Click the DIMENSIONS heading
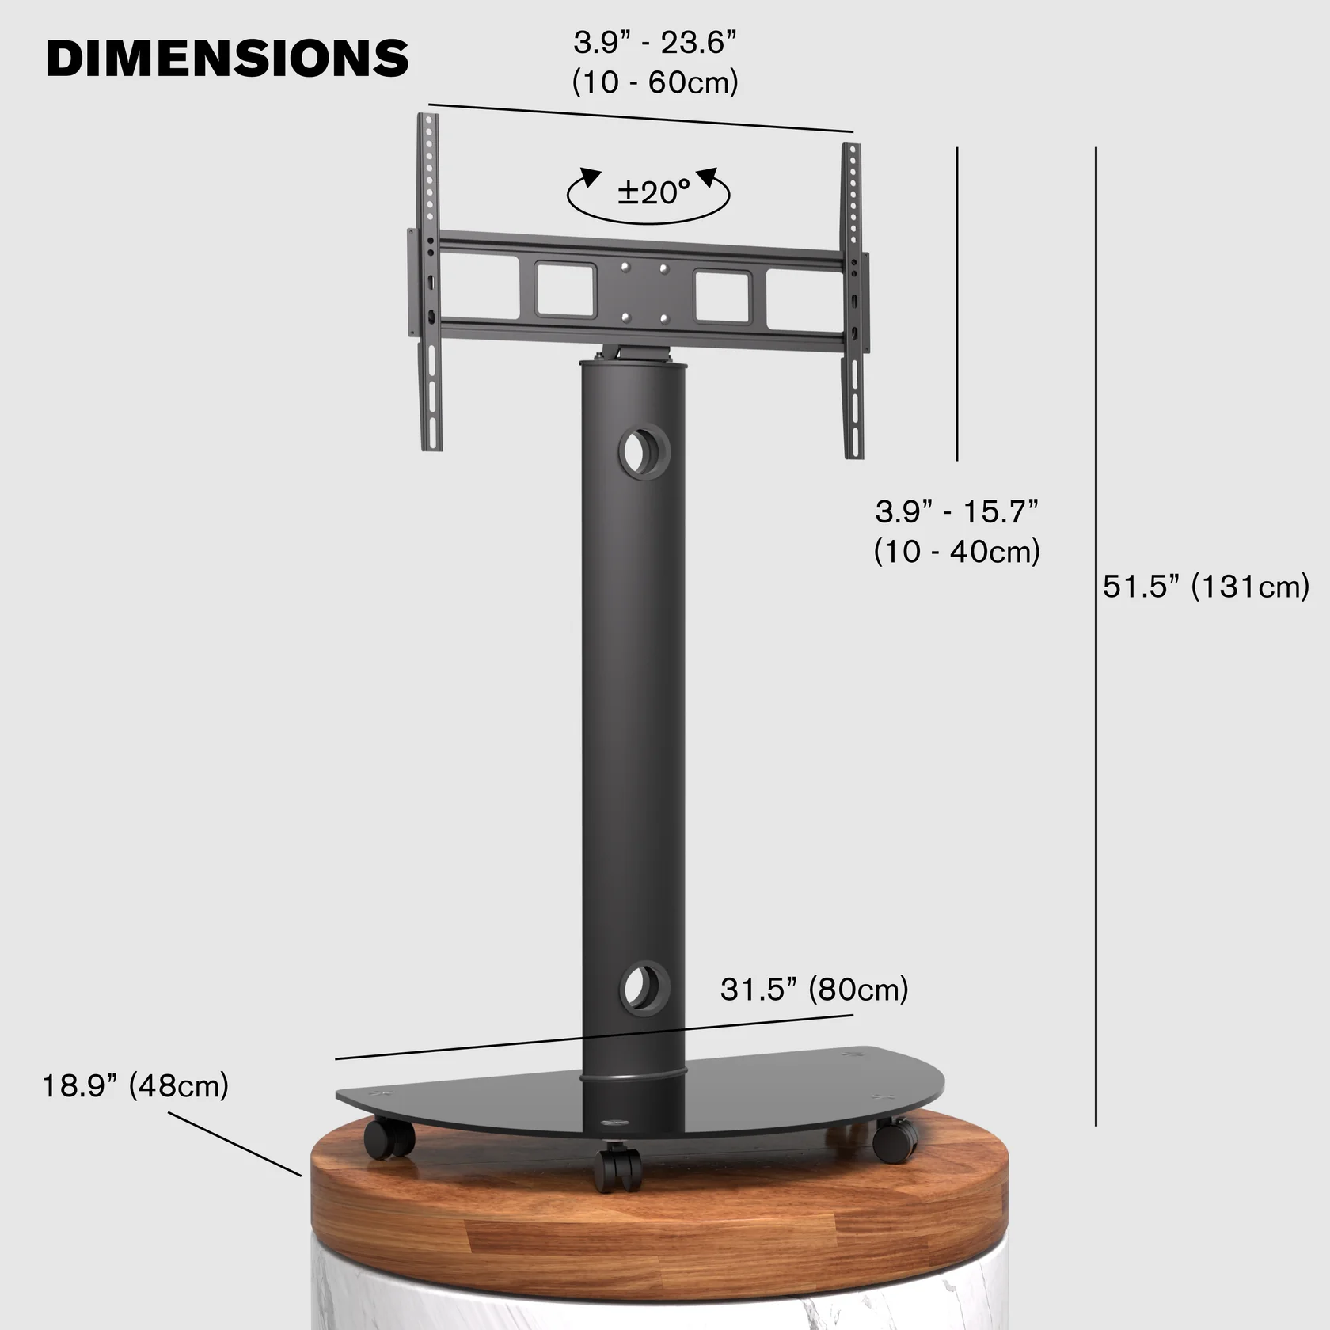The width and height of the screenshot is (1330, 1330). click(227, 58)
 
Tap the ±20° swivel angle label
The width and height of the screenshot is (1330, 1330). click(653, 192)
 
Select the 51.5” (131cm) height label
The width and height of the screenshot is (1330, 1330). click(1206, 587)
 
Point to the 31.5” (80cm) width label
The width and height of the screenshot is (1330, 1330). click(814, 990)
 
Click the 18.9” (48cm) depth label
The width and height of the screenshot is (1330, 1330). click(135, 1085)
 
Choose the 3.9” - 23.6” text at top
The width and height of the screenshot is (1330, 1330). click(655, 43)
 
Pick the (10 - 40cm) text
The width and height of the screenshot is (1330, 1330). click(956, 552)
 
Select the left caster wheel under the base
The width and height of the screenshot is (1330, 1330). click(388, 1139)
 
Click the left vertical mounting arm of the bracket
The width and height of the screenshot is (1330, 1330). click(430, 281)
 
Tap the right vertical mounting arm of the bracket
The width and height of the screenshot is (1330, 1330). click(853, 301)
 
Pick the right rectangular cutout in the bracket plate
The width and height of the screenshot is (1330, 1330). click(722, 296)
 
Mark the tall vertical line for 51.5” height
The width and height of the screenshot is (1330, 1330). click(1096, 633)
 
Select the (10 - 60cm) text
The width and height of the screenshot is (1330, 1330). click(655, 82)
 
